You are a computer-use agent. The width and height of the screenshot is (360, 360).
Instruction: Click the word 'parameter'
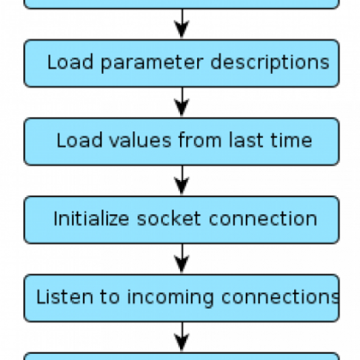coord(152,63)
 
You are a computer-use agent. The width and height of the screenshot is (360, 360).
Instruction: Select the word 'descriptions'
coord(270,62)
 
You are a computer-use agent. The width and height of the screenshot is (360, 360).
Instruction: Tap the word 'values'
coord(140,140)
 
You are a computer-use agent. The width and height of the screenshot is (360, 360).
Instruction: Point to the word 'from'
coord(200,140)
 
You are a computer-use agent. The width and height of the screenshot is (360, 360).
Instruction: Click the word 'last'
coord(246,140)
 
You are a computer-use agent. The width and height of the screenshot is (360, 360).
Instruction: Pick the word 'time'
coord(291,140)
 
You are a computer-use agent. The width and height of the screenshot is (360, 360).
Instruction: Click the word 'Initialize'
coord(91,218)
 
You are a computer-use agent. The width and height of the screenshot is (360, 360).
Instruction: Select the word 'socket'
coord(169,218)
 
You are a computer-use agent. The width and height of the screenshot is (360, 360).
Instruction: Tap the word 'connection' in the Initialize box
coord(263,218)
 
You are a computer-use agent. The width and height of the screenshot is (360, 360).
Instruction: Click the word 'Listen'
coord(65,296)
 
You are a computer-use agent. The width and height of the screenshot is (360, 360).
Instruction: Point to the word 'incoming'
coord(170,298)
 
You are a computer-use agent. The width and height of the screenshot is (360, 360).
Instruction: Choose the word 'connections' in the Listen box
coord(281,297)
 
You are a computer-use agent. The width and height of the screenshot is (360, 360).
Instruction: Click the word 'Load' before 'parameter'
coord(70,62)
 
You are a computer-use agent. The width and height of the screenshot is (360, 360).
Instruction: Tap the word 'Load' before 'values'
coord(79,140)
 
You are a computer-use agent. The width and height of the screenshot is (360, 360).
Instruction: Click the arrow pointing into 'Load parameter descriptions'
coord(182,23)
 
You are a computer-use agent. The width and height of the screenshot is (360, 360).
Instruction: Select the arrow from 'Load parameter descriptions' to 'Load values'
coord(182,102)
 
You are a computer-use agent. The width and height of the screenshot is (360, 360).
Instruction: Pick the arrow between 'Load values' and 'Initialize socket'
coord(182,180)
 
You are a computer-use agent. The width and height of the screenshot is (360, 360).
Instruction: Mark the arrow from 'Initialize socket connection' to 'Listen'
coord(182,259)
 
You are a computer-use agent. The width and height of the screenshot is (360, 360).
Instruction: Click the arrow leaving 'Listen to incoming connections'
coord(182,337)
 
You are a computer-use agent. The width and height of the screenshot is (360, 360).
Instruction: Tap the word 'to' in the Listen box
coord(110,297)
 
